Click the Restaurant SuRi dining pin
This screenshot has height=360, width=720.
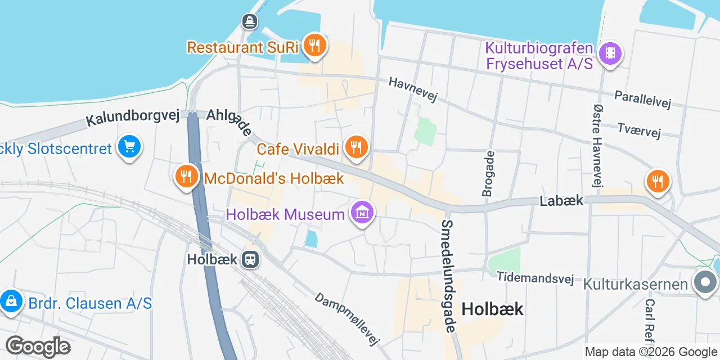(x=314, y=46)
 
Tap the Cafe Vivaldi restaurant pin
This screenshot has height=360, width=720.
(x=356, y=147)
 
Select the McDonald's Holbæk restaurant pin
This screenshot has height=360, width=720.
(x=186, y=177)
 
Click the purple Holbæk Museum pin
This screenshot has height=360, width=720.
(x=363, y=213)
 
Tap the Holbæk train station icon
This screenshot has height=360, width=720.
(x=250, y=259)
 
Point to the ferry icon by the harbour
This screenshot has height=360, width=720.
(x=250, y=22)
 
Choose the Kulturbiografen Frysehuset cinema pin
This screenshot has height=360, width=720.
(x=610, y=54)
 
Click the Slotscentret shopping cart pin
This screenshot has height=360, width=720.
(x=130, y=147)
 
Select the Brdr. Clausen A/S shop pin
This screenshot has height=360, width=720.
(x=11, y=302)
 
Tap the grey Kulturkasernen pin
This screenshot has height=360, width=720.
(x=705, y=283)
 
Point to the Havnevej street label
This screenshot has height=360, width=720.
(x=413, y=90)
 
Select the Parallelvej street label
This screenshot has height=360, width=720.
(x=643, y=98)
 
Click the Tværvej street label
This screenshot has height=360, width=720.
(x=639, y=130)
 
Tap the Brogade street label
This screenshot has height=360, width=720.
(x=488, y=173)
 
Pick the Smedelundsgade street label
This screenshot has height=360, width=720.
(x=448, y=271)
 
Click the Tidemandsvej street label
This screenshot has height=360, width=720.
(x=534, y=278)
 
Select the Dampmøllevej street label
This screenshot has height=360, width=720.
(x=348, y=318)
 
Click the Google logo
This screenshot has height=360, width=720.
(x=38, y=346)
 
